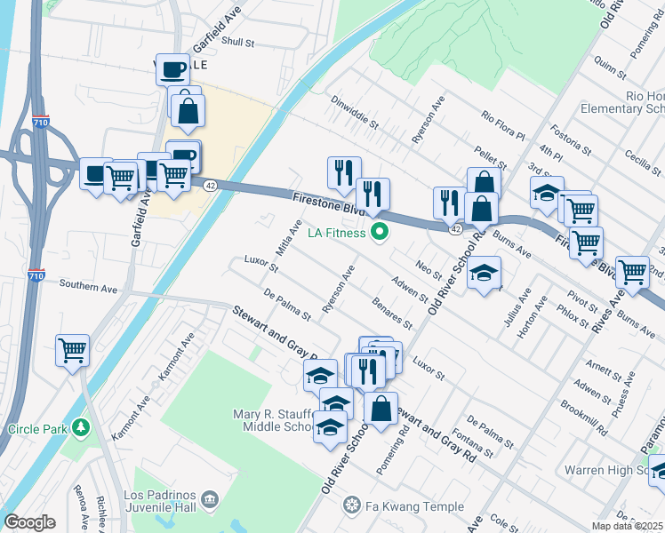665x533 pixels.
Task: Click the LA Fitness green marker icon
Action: click(381, 234)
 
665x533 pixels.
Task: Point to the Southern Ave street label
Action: click(88, 286)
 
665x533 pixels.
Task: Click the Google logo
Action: click(29, 522)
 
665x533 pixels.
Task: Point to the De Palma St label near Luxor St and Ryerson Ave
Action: click(287, 303)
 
